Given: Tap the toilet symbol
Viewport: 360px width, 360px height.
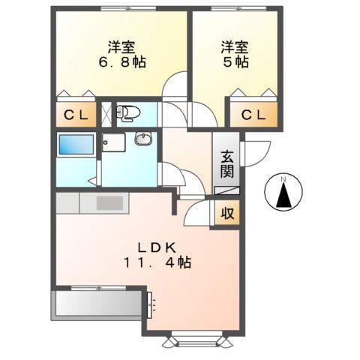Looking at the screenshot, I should pos(128,113).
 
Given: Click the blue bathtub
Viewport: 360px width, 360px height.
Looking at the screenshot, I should pos(75,145).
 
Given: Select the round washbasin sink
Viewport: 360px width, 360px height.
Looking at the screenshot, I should pos(143,139).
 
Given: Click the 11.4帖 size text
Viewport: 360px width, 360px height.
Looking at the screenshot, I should pos(156,263).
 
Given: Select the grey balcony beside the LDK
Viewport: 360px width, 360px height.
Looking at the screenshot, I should pos(97,304).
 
